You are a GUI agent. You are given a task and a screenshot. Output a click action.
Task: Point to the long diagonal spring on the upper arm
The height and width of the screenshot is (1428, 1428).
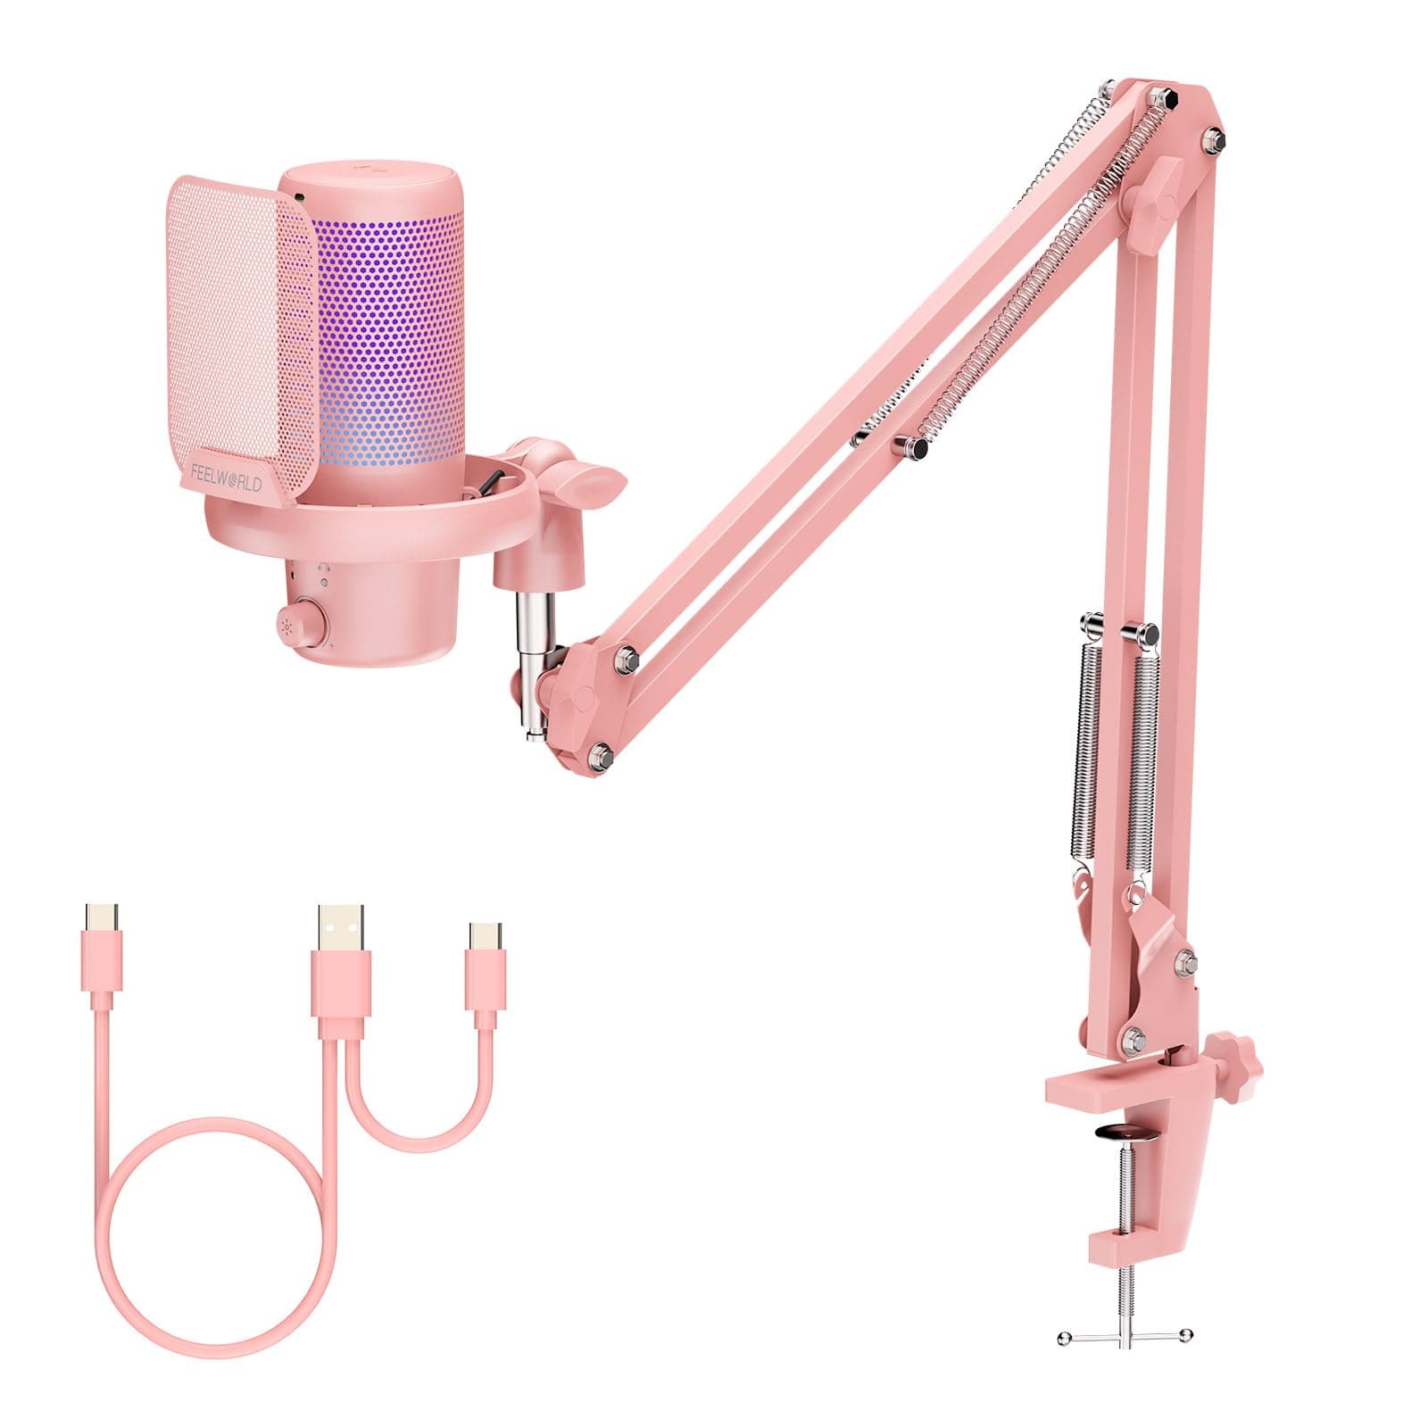click(1044, 268)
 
